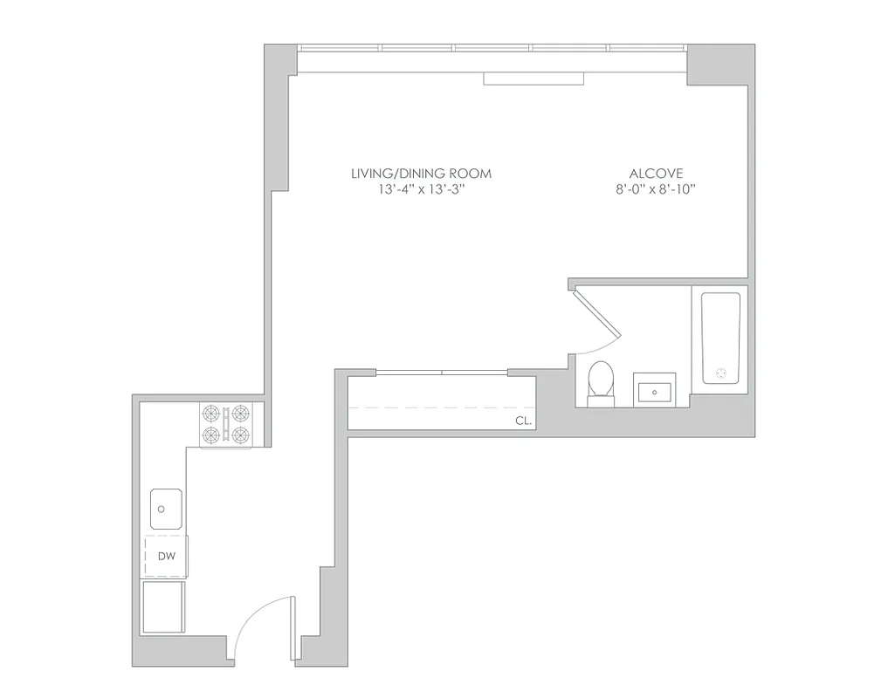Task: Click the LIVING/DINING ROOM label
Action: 421,173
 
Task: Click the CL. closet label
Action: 523,420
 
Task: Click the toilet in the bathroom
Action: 601,383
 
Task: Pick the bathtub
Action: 720,338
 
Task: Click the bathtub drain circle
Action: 721,373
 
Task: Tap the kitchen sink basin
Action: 165,509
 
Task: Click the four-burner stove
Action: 226,425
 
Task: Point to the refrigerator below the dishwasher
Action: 163,607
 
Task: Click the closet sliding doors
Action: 442,373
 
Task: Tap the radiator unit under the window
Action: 533,79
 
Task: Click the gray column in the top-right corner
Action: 719,65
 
